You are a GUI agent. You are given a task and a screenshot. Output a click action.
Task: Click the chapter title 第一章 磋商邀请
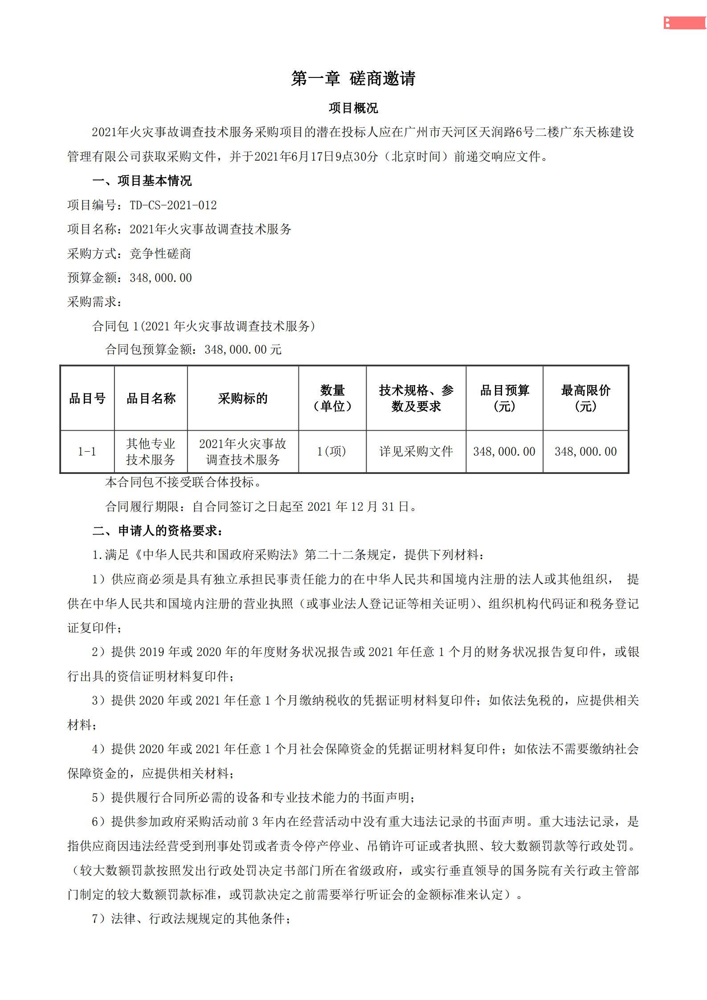pyautogui.click(x=353, y=78)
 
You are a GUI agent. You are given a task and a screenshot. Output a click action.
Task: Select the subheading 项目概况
pyautogui.click(x=353, y=108)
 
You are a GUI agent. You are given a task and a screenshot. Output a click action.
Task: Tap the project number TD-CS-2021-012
pyautogui.click(x=173, y=205)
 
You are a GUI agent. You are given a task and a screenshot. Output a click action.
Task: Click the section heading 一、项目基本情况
pyautogui.click(x=142, y=180)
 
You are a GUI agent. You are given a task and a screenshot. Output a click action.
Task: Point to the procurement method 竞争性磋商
pyautogui.click(x=160, y=253)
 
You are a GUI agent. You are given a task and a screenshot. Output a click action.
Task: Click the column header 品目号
pyautogui.click(x=87, y=398)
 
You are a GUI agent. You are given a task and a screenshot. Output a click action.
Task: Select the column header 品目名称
pyautogui.click(x=151, y=398)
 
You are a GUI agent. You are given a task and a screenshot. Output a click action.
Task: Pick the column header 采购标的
pyautogui.click(x=243, y=398)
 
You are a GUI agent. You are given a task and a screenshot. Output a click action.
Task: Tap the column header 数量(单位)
pyautogui.click(x=332, y=398)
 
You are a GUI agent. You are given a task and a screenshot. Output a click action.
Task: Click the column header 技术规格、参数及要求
pyautogui.click(x=416, y=398)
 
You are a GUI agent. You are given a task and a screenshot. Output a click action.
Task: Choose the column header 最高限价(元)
pyautogui.click(x=585, y=398)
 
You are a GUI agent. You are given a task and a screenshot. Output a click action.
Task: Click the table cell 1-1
pyautogui.click(x=87, y=452)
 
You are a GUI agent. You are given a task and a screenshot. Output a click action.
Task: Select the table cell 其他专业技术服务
pyautogui.click(x=151, y=452)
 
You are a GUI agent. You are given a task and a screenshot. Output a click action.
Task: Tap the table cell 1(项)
pyautogui.click(x=332, y=452)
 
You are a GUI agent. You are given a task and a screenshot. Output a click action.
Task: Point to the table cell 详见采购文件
pyautogui.click(x=416, y=452)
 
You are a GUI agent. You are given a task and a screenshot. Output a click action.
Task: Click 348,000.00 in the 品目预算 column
pyautogui.click(x=504, y=452)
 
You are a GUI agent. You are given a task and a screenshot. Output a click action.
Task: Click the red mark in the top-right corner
pyautogui.click(x=685, y=23)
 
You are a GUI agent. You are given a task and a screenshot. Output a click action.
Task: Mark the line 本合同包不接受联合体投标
pyautogui.click(x=183, y=482)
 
